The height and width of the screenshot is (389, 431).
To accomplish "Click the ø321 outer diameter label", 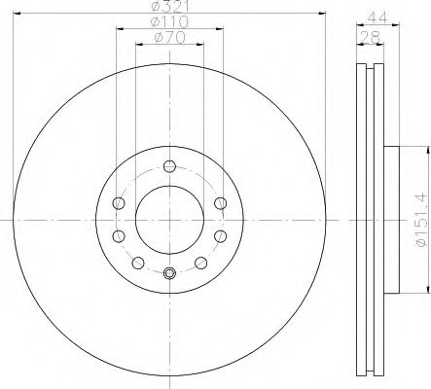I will (x=168, y=7).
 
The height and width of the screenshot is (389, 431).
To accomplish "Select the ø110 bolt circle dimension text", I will (x=168, y=22).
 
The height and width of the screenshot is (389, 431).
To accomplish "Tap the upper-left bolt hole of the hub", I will (x=120, y=202).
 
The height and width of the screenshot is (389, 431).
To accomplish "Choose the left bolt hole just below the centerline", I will (x=120, y=236).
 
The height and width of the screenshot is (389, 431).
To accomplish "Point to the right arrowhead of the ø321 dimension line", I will (x=321, y=15).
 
